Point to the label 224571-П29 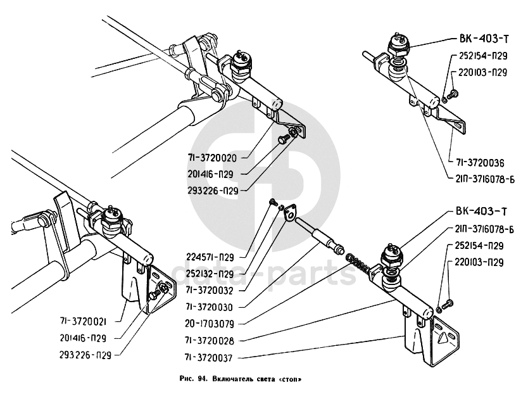pos(210,257)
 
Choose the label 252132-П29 pos(210,274)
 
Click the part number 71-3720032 pos(210,291)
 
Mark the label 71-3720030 pos(210,307)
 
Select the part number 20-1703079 pos(210,323)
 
